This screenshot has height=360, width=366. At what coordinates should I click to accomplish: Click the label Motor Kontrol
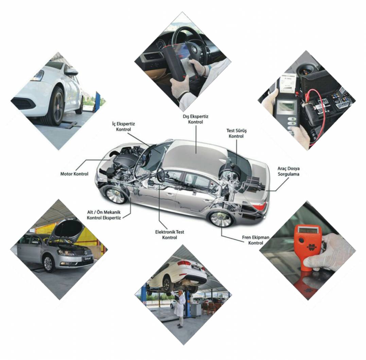(x=74, y=174)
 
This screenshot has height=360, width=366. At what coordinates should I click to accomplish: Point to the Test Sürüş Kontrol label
(x=236, y=133)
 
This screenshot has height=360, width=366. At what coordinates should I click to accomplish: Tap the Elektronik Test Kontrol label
(x=169, y=235)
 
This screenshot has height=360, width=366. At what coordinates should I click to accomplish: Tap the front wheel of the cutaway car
(x=115, y=195)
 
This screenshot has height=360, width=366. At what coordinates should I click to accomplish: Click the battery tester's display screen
(x=286, y=106)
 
